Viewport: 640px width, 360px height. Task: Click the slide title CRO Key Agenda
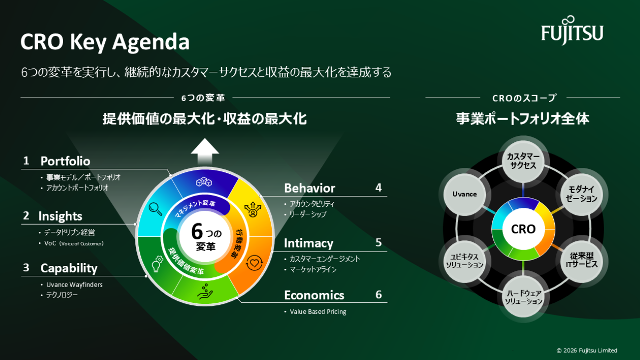pyautogui.click(x=105, y=42)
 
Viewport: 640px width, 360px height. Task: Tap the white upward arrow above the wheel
pyautogui.click(x=205, y=151)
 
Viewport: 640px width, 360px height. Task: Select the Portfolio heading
pyautogui.click(x=65, y=161)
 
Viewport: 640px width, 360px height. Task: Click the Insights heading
pyautogui.click(x=60, y=216)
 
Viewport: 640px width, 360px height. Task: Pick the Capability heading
pyautogui.click(x=69, y=268)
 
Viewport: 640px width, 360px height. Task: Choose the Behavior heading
pyautogui.click(x=310, y=188)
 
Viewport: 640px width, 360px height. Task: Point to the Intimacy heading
pyautogui.click(x=309, y=243)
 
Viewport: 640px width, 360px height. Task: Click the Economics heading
pyautogui.click(x=314, y=295)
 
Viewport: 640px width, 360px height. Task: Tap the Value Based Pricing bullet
pyautogui.click(x=318, y=311)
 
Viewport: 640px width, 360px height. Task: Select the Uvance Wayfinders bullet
pyautogui.click(x=74, y=285)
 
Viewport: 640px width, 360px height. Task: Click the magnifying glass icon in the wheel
pyautogui.click(x=156, y=209)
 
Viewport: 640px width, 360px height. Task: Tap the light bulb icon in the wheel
pyautogui.click(x=157, y=263)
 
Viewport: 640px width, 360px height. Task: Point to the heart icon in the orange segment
pyautogui.click(x=254, y=262)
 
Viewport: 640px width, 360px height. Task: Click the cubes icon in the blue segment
pyautogui.click(x=204, y=182)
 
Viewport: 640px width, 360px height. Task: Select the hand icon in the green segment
pyautogui.click(x=205, y=292)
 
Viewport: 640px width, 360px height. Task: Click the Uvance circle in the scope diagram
pyautogui.click(x=465, y=195)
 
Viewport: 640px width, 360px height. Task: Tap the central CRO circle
pyautogui.click(x=523, y=229)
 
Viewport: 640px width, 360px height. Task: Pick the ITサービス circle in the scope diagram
pyautogui.click(x=582, y=260)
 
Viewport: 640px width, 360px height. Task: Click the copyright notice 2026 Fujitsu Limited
pyautogui.click(x=587, y=350)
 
